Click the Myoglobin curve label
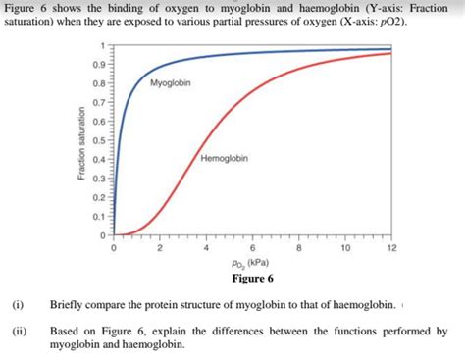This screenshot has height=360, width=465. (171, 83)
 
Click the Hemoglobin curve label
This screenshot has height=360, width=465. (224, 159)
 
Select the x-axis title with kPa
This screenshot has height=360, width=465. (252, 264)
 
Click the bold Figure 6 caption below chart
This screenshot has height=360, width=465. (252, 278)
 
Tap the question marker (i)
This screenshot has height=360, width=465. (18, 305)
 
